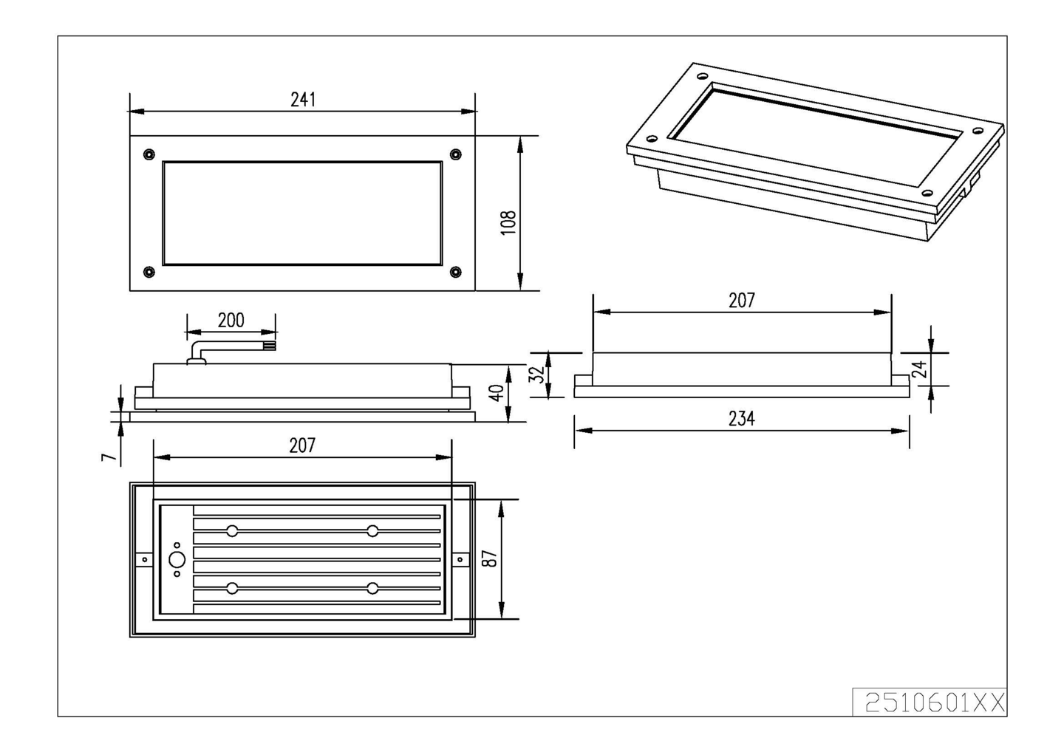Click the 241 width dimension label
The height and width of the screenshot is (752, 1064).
point(303,100)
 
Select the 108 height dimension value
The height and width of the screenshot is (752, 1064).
point(508,222)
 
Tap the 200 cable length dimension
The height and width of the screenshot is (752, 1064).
point(231,320)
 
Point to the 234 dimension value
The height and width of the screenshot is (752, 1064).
point(741,419)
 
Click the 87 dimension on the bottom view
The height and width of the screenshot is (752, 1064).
point(489,558)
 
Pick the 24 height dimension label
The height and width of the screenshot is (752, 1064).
point(919,369)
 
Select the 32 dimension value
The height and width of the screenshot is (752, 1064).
point(539,375)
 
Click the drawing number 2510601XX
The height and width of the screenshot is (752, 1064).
point(935,703)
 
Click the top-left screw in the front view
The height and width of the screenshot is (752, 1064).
point(149,154)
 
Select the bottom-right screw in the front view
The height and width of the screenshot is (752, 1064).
point(455,272)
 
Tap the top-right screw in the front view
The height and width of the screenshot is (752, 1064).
point(455,154)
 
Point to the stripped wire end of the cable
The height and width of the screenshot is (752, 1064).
point(270,345)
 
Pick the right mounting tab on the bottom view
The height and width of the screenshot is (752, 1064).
point(460,560)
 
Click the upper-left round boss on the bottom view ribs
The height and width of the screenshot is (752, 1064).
point(232,531)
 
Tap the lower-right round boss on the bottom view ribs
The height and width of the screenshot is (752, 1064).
point(372,588)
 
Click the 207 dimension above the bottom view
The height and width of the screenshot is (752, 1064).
point(302,445)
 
